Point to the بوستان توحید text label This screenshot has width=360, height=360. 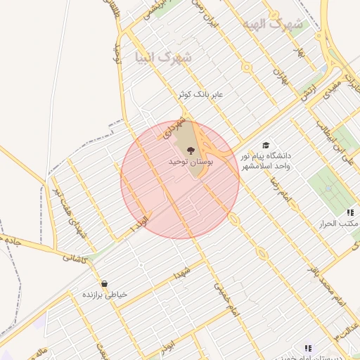(190, 162)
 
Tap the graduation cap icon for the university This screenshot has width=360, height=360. (266, 143)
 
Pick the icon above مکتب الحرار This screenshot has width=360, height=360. (349, 212)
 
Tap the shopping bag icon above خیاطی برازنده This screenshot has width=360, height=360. (104, 284)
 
